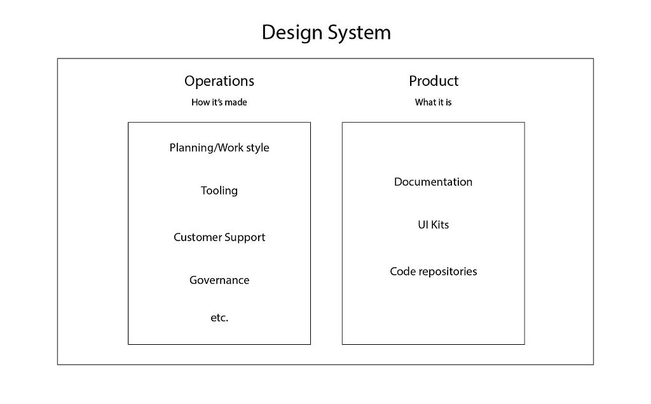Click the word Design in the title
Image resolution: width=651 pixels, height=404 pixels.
click(x=292, y=33)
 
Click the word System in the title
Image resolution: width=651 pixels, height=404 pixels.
click(x=360, y=33)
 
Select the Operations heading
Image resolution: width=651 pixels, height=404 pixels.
click(x=219, y=81)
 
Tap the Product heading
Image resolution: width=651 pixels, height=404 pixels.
click(x=434, y=81)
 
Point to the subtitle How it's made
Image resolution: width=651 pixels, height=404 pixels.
click(x=219, y=102)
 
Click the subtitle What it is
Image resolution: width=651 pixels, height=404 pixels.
click(x=433, y=102)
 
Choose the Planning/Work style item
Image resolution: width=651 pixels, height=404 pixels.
click(x=219, y=148)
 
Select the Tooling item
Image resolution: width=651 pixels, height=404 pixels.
click(x=219, y=191)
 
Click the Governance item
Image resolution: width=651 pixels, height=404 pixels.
click(x=219, y=280)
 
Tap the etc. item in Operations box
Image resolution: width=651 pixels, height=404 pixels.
click(x=219, y=318)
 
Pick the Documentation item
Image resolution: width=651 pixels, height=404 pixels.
click(x=433, y=182)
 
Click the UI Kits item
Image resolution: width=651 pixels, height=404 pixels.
click(x=433, y=225)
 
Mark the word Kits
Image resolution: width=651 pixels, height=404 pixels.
click(x=440, y=225)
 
